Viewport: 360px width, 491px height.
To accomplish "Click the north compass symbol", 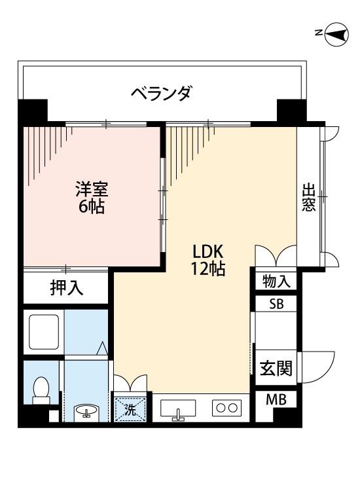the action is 337,34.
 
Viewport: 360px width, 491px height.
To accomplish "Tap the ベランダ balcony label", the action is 161,94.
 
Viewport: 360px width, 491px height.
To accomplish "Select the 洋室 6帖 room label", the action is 92,198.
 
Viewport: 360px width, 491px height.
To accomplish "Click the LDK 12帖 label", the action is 208,260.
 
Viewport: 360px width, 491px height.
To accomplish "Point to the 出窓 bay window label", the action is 308,197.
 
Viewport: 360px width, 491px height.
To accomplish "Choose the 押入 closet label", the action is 67,288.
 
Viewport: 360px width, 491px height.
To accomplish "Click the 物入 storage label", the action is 276,281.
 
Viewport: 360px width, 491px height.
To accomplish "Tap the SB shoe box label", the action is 276,304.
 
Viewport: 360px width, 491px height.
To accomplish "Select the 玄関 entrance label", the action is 276,368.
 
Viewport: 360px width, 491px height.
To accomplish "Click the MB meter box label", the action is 276,399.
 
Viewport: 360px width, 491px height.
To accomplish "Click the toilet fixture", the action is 41,390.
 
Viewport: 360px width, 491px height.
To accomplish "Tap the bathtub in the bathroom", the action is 44,332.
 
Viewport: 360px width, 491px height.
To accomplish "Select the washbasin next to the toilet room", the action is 86,412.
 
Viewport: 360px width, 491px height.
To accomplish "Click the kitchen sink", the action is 178,409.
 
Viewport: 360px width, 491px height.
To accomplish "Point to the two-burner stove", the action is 226,408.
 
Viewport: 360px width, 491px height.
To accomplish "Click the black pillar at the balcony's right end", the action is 291,111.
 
